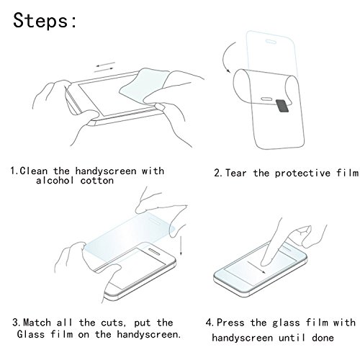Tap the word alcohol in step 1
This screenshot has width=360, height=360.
55,181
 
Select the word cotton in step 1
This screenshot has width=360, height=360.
97,181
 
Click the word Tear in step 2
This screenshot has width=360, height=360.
236,173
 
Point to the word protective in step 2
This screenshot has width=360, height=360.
302,174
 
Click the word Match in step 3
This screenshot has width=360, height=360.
37,323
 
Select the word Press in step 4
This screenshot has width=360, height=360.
230,323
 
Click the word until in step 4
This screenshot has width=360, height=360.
292,338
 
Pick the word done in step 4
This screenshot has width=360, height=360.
323,338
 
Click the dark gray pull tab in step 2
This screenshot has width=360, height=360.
282,106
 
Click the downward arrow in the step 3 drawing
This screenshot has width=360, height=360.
181,246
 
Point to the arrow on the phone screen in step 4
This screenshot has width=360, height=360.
256,267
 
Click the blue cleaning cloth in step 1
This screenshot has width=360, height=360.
144,85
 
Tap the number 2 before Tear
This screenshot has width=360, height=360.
217,173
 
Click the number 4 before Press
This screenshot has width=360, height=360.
209,323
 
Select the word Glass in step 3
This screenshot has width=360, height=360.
31,334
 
